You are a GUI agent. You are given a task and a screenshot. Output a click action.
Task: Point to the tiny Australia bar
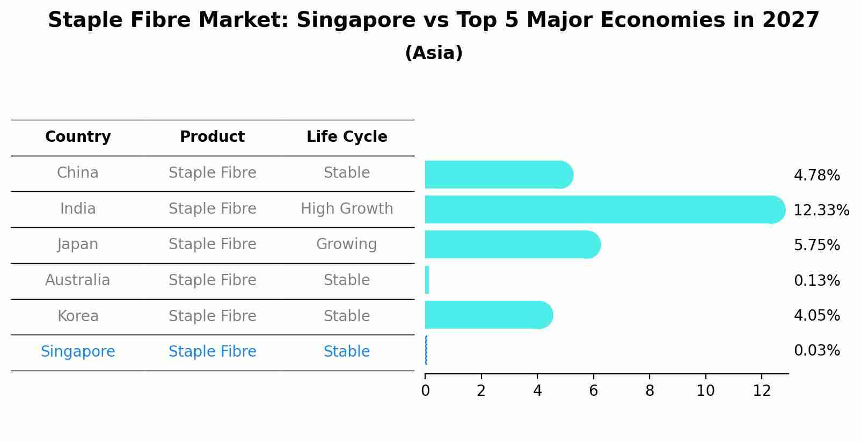point(427,280)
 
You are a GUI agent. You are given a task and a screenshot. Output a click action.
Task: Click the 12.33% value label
point(821,210)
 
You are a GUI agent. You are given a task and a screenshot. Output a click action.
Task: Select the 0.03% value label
point(816,351)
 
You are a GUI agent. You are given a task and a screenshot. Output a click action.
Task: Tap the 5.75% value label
point(816,245)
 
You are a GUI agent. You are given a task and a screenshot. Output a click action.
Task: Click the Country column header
point(78,137)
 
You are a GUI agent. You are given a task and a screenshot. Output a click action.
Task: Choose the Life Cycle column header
point(347,137)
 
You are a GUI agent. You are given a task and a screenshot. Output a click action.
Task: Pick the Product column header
point(212,137)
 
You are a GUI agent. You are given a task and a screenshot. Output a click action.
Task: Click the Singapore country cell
point(78,352)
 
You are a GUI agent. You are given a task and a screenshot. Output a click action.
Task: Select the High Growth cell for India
point(347,209)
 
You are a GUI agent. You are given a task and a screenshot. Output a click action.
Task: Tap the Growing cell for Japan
point(347,244)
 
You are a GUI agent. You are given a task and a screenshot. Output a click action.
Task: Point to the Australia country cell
point(78,280)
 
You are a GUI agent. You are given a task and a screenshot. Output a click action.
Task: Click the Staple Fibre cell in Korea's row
point(212,316)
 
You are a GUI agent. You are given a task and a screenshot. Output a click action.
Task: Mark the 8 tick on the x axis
point(650,390)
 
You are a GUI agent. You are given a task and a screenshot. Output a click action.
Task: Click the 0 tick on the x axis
point(425,390)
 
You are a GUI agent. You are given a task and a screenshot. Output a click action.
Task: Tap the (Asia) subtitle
point(434,53)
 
